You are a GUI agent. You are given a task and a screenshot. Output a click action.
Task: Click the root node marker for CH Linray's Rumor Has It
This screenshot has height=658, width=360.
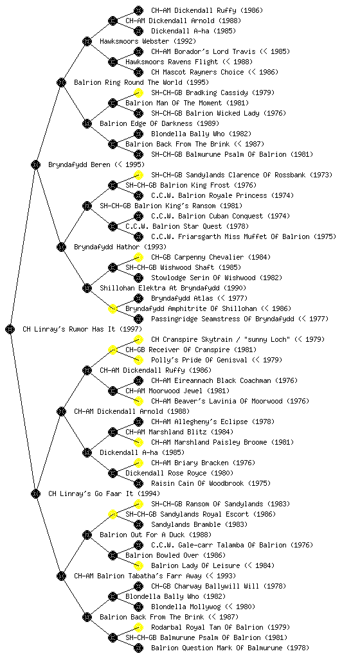pyautogui.click(x=10, y=329)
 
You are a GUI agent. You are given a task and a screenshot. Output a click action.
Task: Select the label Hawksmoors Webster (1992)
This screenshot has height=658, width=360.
pyautogui.click(x=148, y=41)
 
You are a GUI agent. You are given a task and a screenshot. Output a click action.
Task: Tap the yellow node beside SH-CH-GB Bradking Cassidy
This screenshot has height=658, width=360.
pyautogui.click(x=138, y=93)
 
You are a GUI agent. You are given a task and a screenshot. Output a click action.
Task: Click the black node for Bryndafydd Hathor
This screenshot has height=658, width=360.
pyautogui.click(x=61, y=247)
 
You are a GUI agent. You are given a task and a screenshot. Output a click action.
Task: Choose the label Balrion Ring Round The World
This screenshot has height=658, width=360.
pyautogui.click(x=128, y=82)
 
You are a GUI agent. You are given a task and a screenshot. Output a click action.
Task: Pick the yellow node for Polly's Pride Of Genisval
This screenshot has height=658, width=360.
pyautogui.click(x=138, y=360)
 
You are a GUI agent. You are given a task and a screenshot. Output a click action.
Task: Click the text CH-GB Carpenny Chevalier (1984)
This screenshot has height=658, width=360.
pyautogui.click(x=211, y=257)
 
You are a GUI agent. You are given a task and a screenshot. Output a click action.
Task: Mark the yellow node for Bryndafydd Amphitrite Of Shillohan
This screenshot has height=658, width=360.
pyautogui.click(x=113, y=308)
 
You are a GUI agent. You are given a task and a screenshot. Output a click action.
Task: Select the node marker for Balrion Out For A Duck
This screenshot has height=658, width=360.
pyautogui.click(x=87, y=535)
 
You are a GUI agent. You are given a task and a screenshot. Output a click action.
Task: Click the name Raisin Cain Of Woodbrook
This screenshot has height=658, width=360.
pyautogui.click(x=197, y=483)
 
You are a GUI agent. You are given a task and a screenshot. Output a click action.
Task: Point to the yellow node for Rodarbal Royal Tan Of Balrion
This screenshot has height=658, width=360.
pyautogui.click(x=138, y=627)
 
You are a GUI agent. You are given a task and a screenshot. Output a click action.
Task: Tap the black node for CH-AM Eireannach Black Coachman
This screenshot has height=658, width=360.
pyautogui.click(x=138, y=380)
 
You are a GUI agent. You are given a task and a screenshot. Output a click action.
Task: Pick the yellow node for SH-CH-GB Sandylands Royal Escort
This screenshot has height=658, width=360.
pyautogui.click(x=113, y=514)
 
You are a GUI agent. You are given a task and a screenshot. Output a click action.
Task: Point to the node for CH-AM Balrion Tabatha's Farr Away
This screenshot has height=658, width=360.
pyautogui.click(x=61, y=576)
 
